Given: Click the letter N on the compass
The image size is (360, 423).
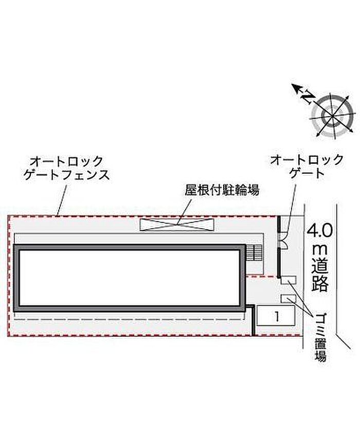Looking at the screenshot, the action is pos(308,98).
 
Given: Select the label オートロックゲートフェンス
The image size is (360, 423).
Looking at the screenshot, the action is pos(66,168).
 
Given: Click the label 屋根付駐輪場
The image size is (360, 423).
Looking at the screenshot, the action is pos(222,190).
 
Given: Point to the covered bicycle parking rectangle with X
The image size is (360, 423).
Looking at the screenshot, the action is pos(177,225).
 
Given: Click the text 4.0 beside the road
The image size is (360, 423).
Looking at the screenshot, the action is pos(320,231).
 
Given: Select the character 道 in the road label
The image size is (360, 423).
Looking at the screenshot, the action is pos(320,265).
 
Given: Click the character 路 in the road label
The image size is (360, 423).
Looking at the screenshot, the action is pos(320,283).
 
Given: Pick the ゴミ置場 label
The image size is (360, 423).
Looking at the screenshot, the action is pos(320,337).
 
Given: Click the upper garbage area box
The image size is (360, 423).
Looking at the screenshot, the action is pos(289,280).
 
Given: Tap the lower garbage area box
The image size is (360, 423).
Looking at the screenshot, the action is pos(289,299).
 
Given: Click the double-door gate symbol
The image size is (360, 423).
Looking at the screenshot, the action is pos(283,240).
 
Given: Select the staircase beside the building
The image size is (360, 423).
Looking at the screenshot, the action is pos(255,252).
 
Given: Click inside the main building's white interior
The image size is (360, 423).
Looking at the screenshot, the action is pos(130,278).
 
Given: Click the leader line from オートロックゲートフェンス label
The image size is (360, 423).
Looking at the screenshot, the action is pos(62,201).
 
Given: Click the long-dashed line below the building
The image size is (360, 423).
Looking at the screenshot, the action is pos(130,319).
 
